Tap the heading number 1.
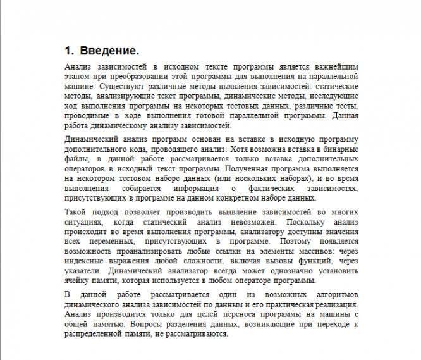68,51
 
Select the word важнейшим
338,66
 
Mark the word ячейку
78,281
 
